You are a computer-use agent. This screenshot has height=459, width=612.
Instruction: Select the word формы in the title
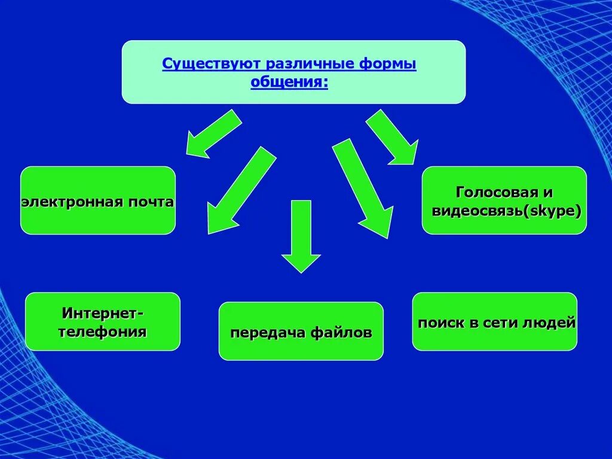[390, 63]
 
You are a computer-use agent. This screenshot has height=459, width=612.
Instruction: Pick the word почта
[149, 202]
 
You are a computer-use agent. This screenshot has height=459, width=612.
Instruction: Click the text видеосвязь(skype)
[505, 211]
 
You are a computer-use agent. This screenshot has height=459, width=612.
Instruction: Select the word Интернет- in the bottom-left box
[103, 313]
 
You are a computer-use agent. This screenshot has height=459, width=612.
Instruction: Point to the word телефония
[103, 332]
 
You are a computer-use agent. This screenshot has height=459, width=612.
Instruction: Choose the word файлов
[341, 332]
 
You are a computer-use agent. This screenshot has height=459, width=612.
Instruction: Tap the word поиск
[441, 323]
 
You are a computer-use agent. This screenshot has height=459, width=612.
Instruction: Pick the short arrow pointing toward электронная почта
[213, 134]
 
